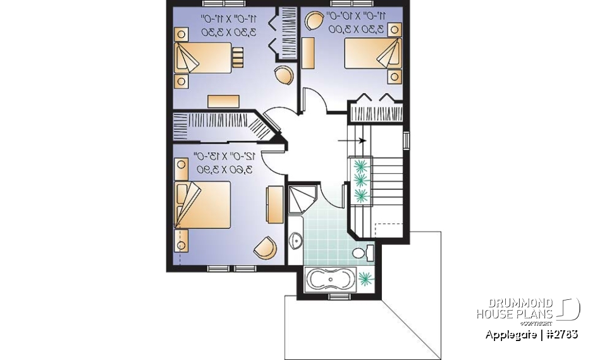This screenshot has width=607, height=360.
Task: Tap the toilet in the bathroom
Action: coord(361,253)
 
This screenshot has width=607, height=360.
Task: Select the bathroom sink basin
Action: coord(296,240)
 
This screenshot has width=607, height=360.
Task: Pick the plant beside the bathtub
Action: coord(365,278)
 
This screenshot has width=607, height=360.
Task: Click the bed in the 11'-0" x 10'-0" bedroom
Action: coord(372,54)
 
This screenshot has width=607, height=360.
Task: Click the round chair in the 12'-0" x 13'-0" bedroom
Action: coord(266,247)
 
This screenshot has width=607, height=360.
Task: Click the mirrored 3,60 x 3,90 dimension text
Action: coord(224,170)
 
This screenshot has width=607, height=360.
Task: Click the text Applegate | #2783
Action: coord(531,334)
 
